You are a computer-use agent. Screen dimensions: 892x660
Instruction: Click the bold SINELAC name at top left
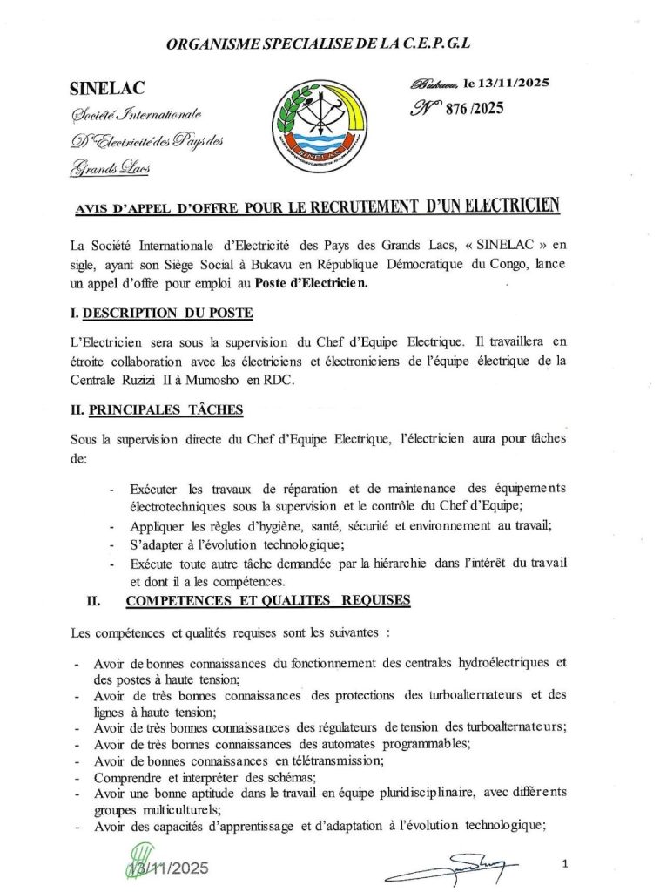click(x=107, y=88)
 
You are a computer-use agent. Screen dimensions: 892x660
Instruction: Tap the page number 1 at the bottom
click(x=565, y=864)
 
